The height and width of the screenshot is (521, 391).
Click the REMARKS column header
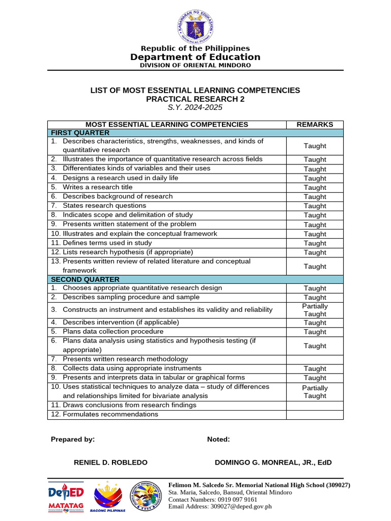(315, 125)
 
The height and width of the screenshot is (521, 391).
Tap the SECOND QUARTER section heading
(85, 279)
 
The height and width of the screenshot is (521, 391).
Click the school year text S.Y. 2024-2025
(195, 107)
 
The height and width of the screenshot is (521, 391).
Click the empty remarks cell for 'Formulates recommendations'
(315, 415)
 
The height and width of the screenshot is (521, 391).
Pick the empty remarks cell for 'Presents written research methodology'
(315, 359)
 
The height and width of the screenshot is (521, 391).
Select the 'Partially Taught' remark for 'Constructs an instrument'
(315, 310)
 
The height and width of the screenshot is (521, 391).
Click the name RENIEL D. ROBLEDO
(110, 462)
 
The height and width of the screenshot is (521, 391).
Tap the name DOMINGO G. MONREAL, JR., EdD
(273, 462)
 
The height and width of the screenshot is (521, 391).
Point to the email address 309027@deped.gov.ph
(242, 506)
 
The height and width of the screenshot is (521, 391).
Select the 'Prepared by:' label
(73, 439)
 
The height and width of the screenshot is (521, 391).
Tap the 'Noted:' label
(218, 439)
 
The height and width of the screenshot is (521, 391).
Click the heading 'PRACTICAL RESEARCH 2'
(195, 99)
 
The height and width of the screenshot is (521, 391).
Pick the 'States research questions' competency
(104, 206)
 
